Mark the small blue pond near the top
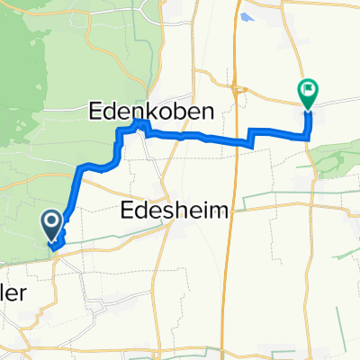[x=249, y=17]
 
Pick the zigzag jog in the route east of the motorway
[x=250, y=137]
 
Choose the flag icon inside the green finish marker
[x=307, y=89]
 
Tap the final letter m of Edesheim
[x=222, y=211]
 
